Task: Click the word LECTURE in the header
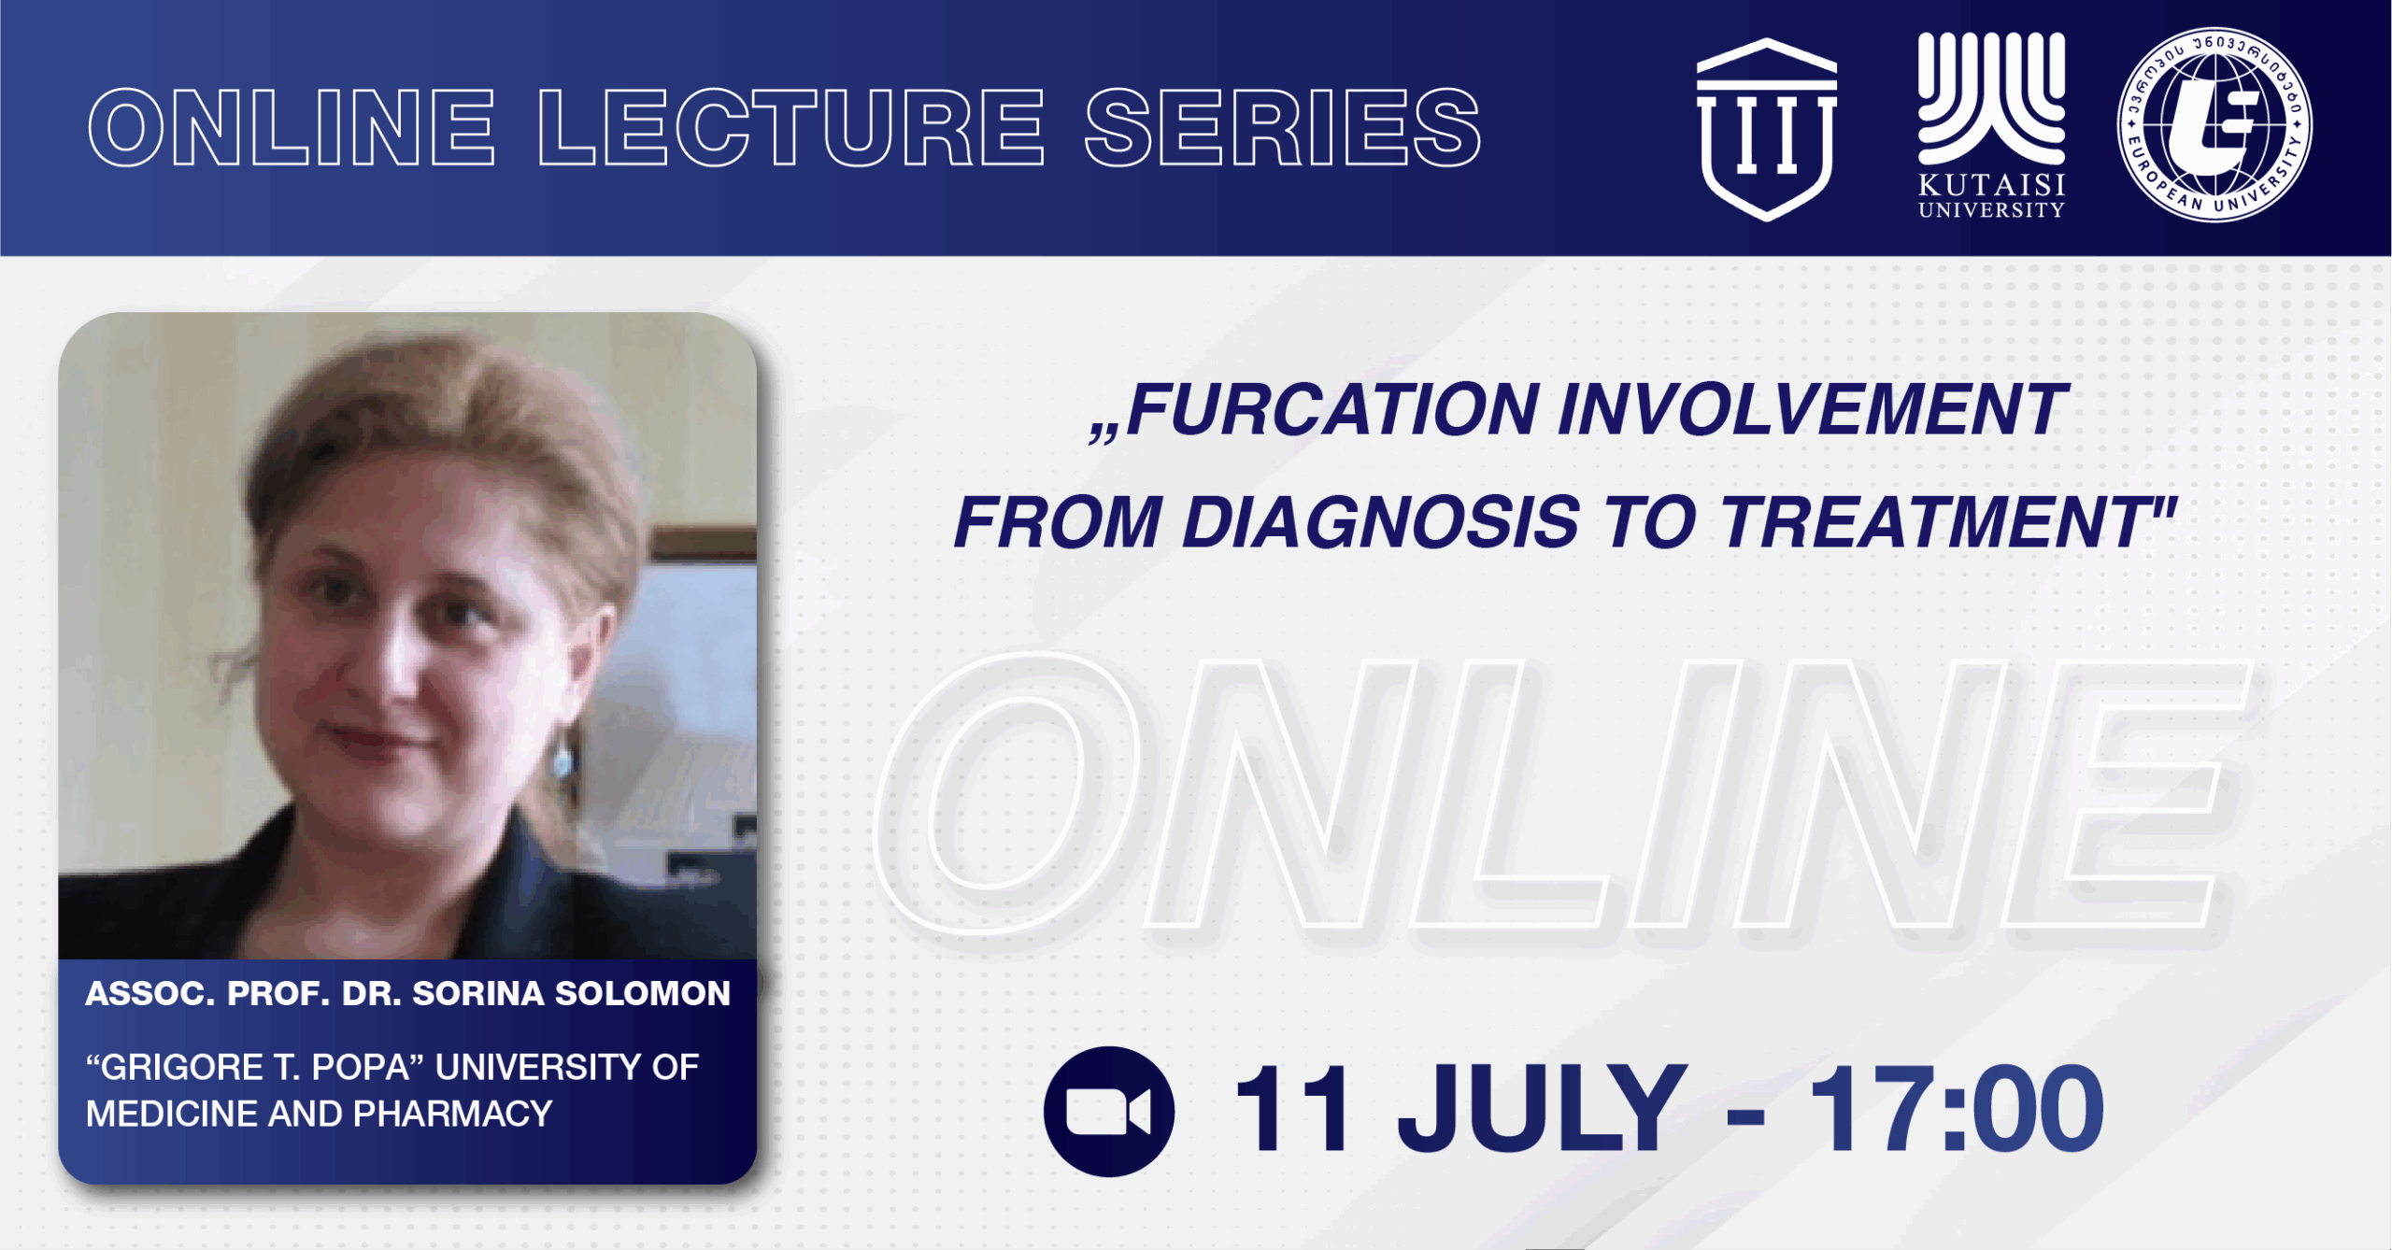[791, 128]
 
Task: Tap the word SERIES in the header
[1283, 128]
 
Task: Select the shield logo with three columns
[1766, 130]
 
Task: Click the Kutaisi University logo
[1991, 125]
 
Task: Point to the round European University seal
[2214, 124]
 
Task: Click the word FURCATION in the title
[1332, 410]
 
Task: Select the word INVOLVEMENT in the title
[1813, 410]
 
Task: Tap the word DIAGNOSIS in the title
[1381, 522]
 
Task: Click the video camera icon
[1109, 1112]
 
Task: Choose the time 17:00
[1957, 1110]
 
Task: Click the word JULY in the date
[1543, 1110]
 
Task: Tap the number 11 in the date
[1291, 1110]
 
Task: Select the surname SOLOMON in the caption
[643, 994]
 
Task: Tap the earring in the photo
[562, 760]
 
